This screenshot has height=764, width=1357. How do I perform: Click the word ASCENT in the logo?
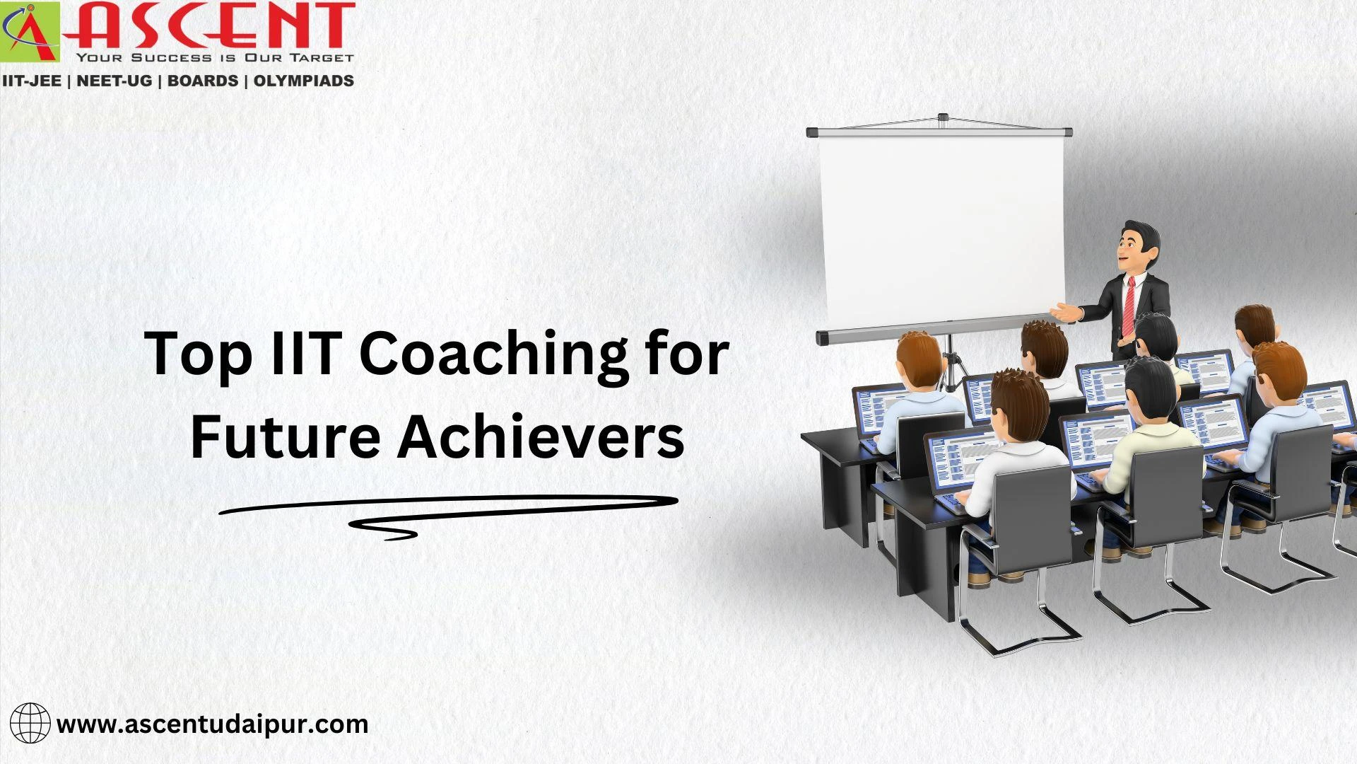212,27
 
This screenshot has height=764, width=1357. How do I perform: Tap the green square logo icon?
30,32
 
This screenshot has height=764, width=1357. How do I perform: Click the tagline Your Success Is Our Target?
214,57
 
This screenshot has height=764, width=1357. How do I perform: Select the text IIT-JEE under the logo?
32,81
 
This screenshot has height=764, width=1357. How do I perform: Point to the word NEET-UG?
114,81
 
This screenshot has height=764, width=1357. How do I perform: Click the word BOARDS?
203,81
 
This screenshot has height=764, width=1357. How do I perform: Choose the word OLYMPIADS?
303,81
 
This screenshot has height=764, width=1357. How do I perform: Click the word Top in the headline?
199,354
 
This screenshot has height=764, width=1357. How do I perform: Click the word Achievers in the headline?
541,436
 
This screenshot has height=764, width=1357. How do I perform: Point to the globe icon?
30,723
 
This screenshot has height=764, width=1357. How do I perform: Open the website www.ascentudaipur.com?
212,724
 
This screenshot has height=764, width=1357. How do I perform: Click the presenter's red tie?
1129,305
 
